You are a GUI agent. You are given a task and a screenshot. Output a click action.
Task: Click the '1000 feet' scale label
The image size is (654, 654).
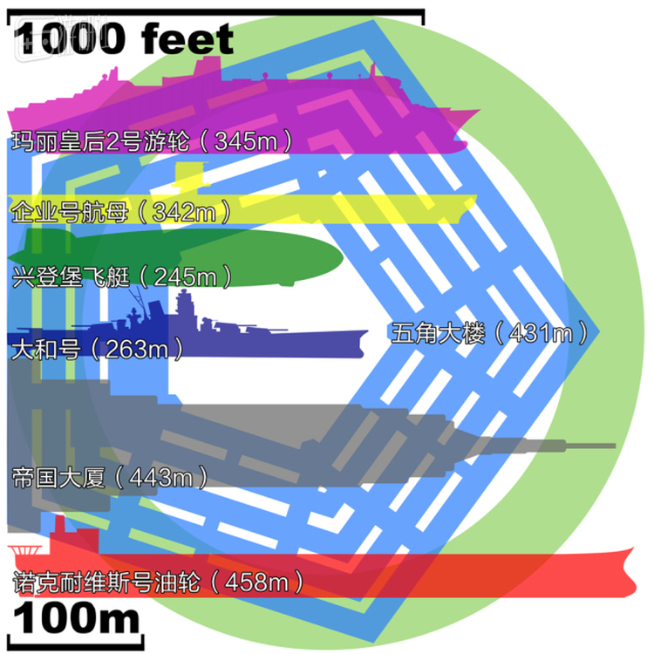click(124, 38)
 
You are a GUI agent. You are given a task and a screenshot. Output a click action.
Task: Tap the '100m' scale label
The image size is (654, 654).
click(77, 619)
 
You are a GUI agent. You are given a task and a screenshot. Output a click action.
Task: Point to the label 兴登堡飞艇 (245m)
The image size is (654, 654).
click(121, 276)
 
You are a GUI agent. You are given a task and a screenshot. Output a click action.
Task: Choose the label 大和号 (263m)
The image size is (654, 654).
click(97, 349)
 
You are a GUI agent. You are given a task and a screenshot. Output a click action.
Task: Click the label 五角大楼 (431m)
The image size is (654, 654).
click(490, 333)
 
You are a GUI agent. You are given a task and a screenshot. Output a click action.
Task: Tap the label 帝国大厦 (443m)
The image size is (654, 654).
click(110, 477)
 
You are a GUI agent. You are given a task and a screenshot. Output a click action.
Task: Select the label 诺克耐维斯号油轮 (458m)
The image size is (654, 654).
click(158, 582)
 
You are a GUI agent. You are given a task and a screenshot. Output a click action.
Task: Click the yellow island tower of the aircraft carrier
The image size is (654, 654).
click(190, 177)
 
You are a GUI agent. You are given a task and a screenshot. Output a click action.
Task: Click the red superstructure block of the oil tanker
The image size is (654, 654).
click(74, 537)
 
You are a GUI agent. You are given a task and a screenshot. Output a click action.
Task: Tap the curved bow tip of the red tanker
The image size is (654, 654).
click(633, 548)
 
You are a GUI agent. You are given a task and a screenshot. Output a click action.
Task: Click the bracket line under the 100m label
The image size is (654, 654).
click(76, 644)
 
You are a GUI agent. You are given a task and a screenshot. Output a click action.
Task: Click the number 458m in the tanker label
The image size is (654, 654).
click(257, 582)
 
